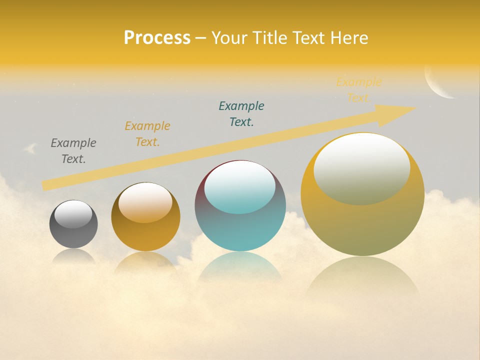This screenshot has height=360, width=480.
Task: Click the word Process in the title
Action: [x=157, y=38]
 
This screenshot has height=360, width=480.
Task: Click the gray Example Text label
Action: [x=73, y=151]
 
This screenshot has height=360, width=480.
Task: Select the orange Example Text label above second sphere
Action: [x=147, y=134]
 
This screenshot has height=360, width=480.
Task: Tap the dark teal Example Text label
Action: [x=241, y=114]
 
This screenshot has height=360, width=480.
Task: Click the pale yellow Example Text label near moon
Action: [x=358, y=90]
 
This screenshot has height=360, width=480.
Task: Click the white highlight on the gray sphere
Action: [x=73, y=214]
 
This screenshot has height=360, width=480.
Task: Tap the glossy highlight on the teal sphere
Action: [x=240, y=187]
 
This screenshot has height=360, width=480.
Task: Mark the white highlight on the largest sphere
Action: [x=362, y=167]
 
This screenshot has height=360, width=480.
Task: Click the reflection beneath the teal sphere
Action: [x=240, y=267]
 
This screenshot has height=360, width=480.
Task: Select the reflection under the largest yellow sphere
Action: [x=362, y=280]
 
